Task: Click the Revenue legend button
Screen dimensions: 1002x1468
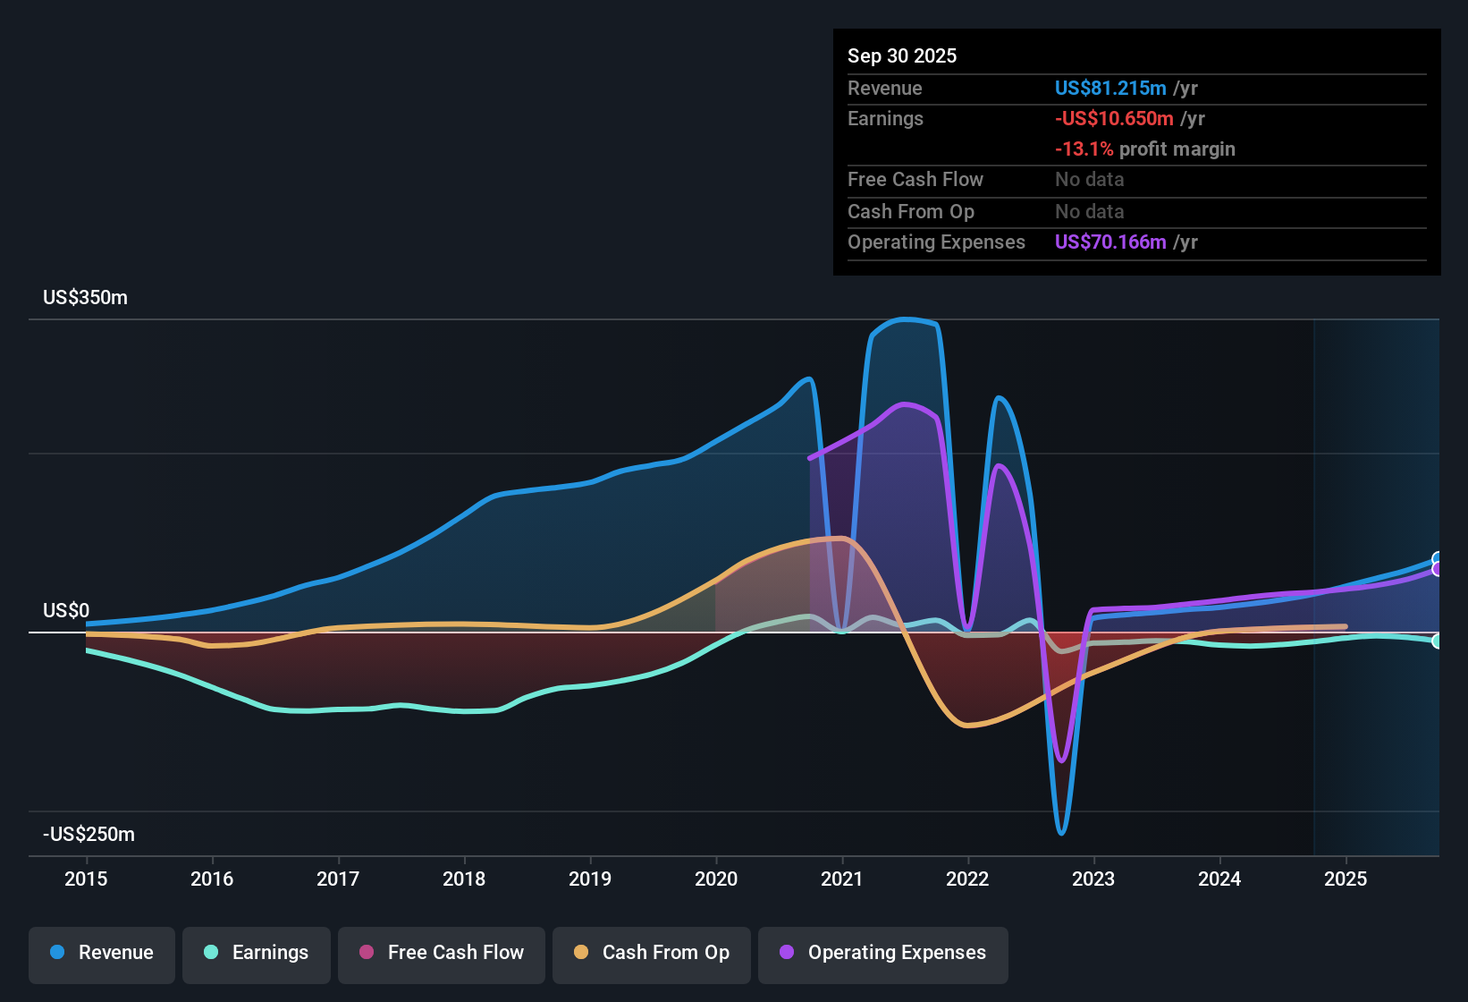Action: pyautogui.click(x=102, y=953)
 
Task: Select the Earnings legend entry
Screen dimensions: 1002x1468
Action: pyautogui.click(x=257, y=953)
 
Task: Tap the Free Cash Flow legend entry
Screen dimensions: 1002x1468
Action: pyautogui.click(x=442, y=953)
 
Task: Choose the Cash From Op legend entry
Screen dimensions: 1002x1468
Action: pyautogui.click(x=652, y=953)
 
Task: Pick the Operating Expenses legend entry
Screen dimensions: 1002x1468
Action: pyautogui.click(x=883, y=953)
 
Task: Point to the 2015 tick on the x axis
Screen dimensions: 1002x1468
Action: pyautogui.click(x=86, y=879)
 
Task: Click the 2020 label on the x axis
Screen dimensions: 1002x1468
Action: pyautogui.click(x=716, y=879)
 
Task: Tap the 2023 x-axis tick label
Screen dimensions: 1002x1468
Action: pyautogui.click(x=1093, y=879)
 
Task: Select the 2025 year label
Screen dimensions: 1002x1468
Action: pyautogui.click(x=1346, y=879)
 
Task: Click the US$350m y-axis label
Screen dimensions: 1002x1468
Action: pyautogui.click(x=85, y=298)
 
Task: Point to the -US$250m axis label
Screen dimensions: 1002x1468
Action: pyautogui.click(x=89, y=835)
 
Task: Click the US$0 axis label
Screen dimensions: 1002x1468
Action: pyautogui.click(x=66, y=611)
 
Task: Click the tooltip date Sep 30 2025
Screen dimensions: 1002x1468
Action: pyautogui.click(x=902, y=56)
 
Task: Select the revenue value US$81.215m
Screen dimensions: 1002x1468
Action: pyautogui.click(x=1110, y=89)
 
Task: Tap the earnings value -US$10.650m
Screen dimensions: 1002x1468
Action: pyautogui.click(x=1114, y=119)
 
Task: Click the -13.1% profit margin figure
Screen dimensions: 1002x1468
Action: pyautogui.click(x=1084, y=149)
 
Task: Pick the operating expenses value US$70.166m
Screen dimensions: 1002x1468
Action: pyautogui.click(x=1110, y=242)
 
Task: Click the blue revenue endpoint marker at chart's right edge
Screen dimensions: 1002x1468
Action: pyautogui.click(x=1438, y=559)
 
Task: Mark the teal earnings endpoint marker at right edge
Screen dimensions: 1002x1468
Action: pyautogui.click(x=1438, y=641)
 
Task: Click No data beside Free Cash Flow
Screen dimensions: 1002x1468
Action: pyautogui.click(x=1089, y=180)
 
